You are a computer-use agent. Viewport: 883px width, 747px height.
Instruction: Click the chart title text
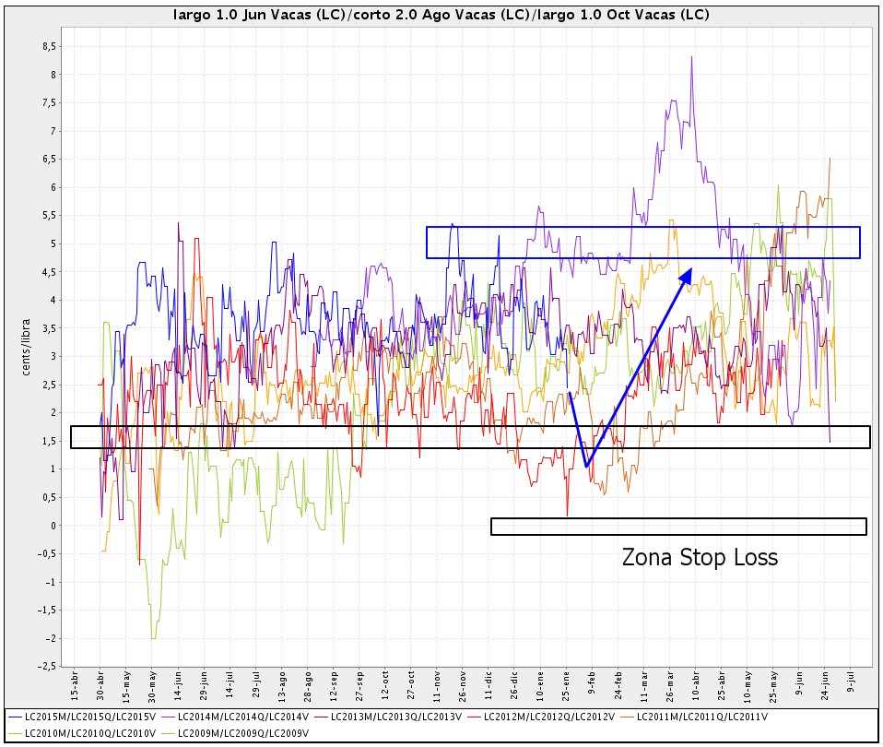coord(441,16)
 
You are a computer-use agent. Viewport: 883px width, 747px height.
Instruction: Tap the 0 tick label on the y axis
coord(53,526)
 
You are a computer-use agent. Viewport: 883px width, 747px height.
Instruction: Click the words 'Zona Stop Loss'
coord(700,558)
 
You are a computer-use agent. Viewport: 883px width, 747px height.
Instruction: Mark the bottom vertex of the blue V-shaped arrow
coord(586,466)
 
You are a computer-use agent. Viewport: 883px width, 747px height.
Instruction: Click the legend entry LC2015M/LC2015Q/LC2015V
coord(81,717)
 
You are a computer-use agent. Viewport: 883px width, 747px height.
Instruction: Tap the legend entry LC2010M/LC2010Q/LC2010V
coord(81,733)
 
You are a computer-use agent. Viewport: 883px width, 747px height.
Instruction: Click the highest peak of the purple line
coord(691,57)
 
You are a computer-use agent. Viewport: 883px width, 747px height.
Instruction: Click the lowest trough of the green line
coord(153,638)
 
